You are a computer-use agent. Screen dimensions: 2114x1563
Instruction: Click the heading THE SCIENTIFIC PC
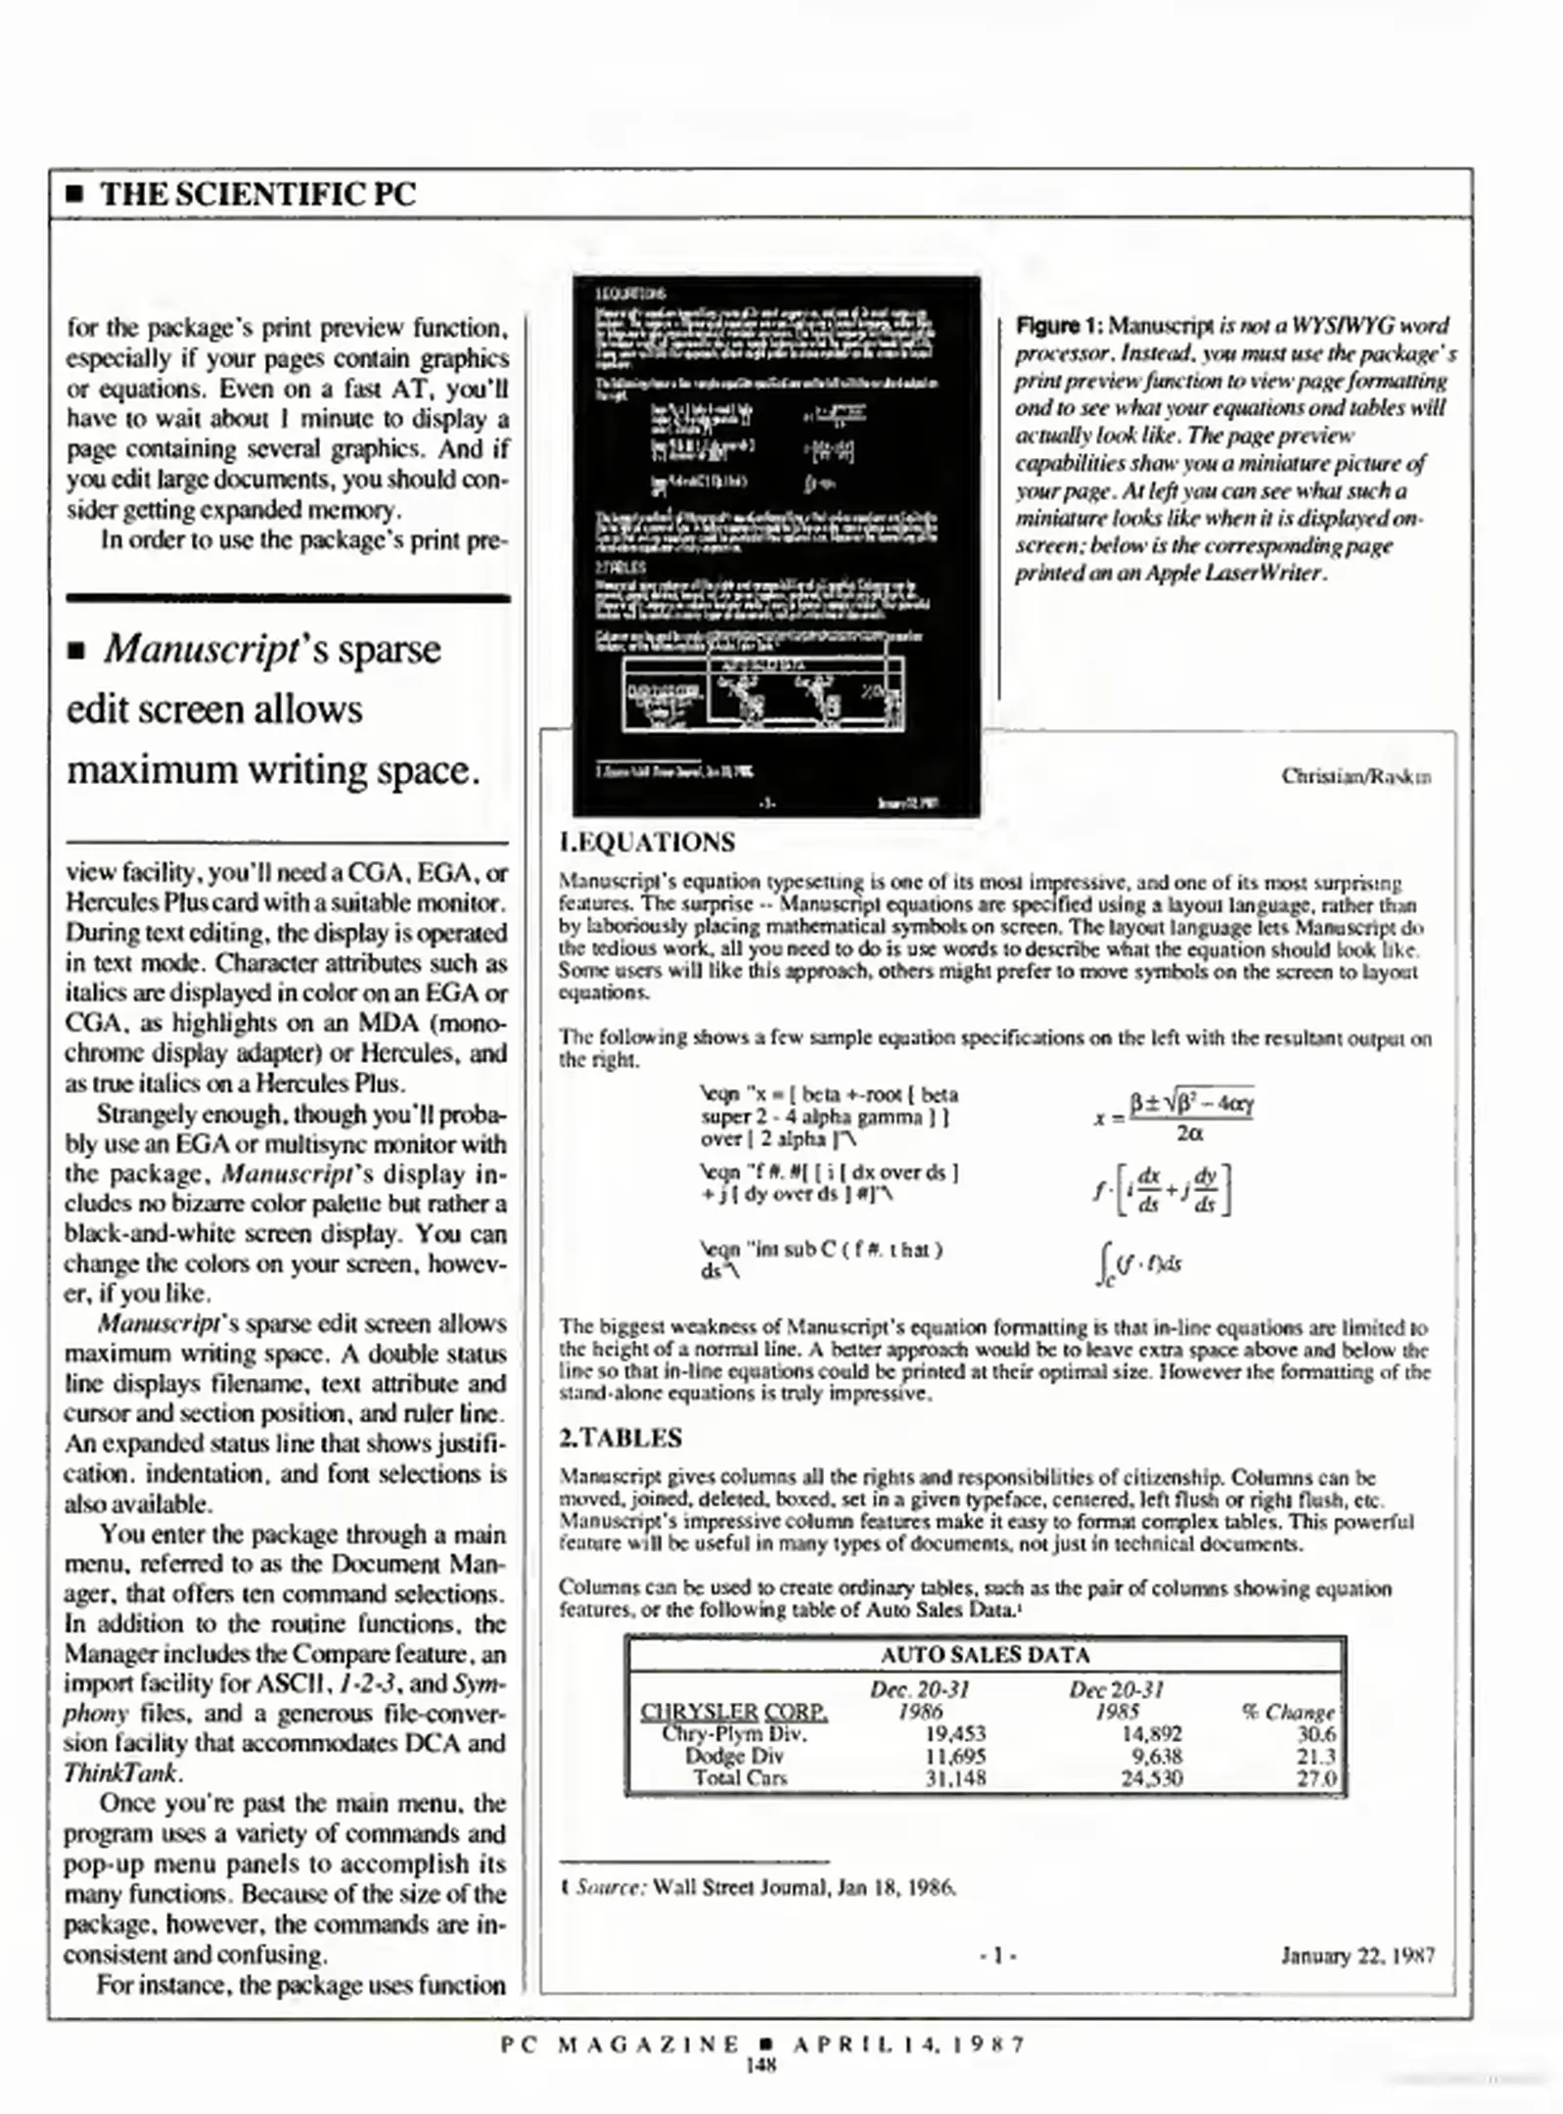[x=258, y=194]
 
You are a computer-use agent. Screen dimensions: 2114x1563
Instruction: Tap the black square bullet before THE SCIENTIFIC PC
[x=73, y=195]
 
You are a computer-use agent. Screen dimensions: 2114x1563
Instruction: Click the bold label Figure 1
[x=1059, y=326]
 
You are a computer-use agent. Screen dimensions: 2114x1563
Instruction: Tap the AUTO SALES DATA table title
[x=985, y=1655]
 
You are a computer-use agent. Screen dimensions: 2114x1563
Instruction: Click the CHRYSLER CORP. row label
[x=733, y=1713]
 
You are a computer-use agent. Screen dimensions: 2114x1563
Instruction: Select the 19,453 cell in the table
[x=955, y=1734]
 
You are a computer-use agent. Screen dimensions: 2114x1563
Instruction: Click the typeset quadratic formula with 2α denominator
[x=1174, y=1118]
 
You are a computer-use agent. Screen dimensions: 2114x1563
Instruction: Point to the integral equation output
[x=1138, y=1264]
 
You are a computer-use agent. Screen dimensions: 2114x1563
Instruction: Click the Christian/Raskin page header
[x=1356, y=777]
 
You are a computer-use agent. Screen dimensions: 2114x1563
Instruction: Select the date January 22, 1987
[x=1357, y=1956]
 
